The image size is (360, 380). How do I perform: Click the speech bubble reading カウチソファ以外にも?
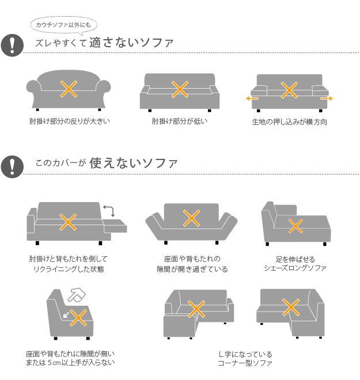coord(63,25)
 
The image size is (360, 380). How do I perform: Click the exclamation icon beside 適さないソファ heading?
coord(12,45)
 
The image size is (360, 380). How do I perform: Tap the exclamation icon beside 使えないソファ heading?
coord(12,167)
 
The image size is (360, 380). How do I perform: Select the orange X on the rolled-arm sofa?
coord(69,89)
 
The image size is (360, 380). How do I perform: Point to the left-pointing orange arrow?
coord(252,98)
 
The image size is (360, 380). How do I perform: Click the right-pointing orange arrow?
coord(327,98)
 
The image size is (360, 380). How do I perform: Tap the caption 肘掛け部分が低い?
coord(180,121)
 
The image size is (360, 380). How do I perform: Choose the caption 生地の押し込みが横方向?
coord(290,121)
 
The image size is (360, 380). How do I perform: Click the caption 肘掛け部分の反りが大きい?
coord(70,121)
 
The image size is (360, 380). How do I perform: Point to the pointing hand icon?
coord(77,295)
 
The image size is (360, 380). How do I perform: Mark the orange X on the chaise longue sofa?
coord(295,226)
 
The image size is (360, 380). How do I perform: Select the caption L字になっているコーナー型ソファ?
coord(245,359)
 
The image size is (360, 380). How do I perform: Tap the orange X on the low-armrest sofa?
coord(180,89)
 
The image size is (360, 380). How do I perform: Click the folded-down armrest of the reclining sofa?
coord(115,226)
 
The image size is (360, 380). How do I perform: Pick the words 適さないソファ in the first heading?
coord(131,43)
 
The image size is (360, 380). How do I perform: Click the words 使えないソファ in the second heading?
coord(133,163)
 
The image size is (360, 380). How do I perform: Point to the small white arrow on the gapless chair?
coord(66,314)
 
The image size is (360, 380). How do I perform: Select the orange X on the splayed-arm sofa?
coord(191,218)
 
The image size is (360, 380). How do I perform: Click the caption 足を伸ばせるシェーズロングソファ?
coord(295,264)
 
